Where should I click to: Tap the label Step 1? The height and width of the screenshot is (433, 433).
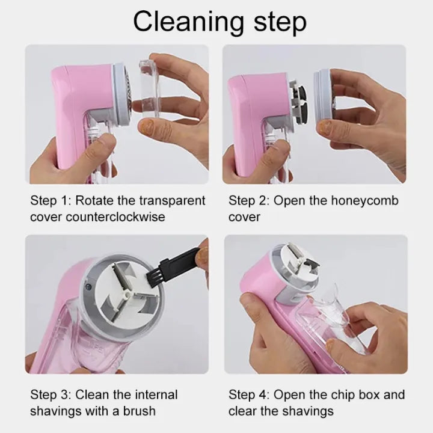tap(50, 200)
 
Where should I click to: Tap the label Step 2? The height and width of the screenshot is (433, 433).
tap(248, 200)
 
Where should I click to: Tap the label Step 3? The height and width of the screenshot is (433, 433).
tap(50, 395)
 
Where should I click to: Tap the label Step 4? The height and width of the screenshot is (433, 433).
tap(248, 395)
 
